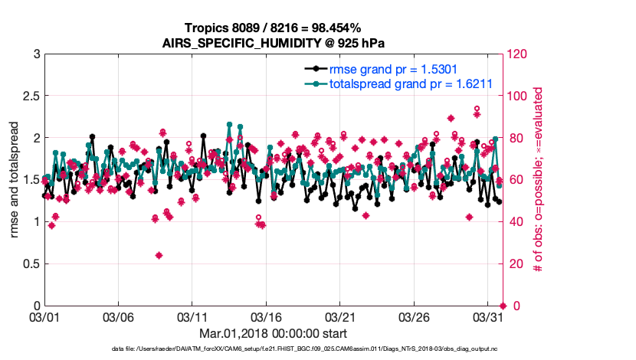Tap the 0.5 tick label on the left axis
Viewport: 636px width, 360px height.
[x=31, y=263]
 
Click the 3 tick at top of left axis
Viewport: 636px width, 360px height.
[x=36, y=54]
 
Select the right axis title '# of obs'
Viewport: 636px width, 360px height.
[x=539, y=180]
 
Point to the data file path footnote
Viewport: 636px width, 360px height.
[x=305, y=349]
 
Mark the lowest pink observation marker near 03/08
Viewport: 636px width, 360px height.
[x=159, y=255]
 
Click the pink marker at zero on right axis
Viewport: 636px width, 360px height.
[x=503, y=306]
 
